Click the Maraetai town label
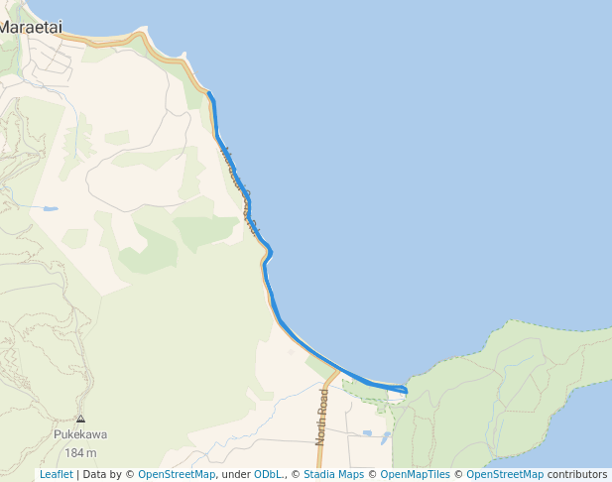pyautogui.click(x=27, y=27)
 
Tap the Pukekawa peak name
pyautogui.click(x=80, y=434)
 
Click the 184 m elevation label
pyautogui.click(x=80, y=452)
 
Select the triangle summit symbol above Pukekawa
pyautogui.click(x=80, y=419)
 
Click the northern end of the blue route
pyautogui.click(x=208, y=93)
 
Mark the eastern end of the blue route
pyautogui.click(x=406, y=392)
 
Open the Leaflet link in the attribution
pyautogui.click(x=56, y=474)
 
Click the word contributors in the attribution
pyautogui.click(x=577, y=474)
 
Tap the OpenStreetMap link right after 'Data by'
pyautogui.click(x=176, y=474)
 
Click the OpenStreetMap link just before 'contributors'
pyautogui.click(x=505, y=474)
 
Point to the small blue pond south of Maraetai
pyautogui.click(x=49, y=209)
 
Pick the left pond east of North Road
pyautogui.click(x=367, y=433)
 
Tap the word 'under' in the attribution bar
pyautogui.click(x=235, y=474)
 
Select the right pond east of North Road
pyautogui.click(x=383, y=436)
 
